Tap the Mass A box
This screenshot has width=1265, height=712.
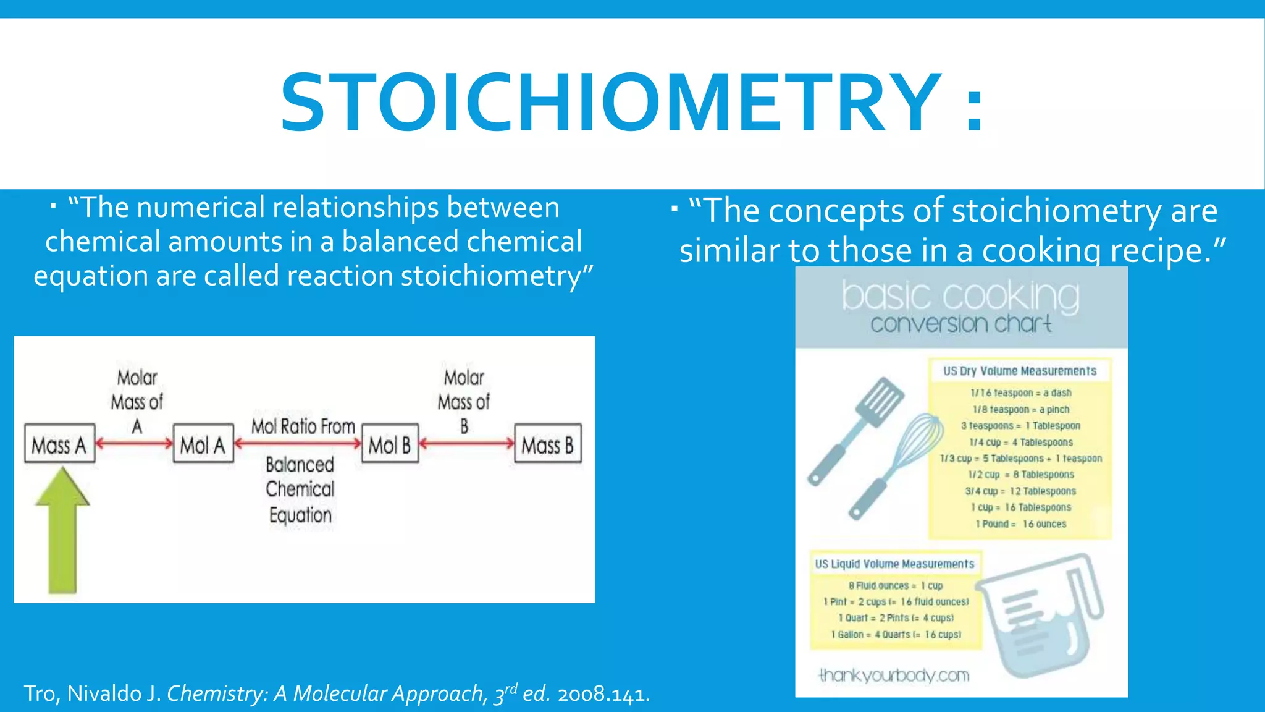tap(60, 444)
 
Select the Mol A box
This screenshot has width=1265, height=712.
tap(203, 444)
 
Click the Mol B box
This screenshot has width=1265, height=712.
tap(390, 444)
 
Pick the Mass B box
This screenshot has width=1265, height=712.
tap(548, 444)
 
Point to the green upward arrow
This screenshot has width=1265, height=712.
tap(62, 532)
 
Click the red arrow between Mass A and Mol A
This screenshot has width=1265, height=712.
tap(134, 443)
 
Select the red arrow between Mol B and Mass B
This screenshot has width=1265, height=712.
tap(466, 443)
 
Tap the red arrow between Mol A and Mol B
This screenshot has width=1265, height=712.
tap(298, 443)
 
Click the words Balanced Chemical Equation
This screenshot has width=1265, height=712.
tap(300, 489)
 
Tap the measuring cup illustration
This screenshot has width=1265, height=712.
tap(1044, 618)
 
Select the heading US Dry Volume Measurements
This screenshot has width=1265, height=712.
tap(1020, 371)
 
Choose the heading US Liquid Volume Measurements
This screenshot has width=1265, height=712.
tap(894, 564)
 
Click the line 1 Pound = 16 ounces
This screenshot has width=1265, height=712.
tap(1020, 524)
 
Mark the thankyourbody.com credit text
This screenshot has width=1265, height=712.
tap(894, 675)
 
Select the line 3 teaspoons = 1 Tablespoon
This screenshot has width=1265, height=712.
tap(1020, 426)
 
